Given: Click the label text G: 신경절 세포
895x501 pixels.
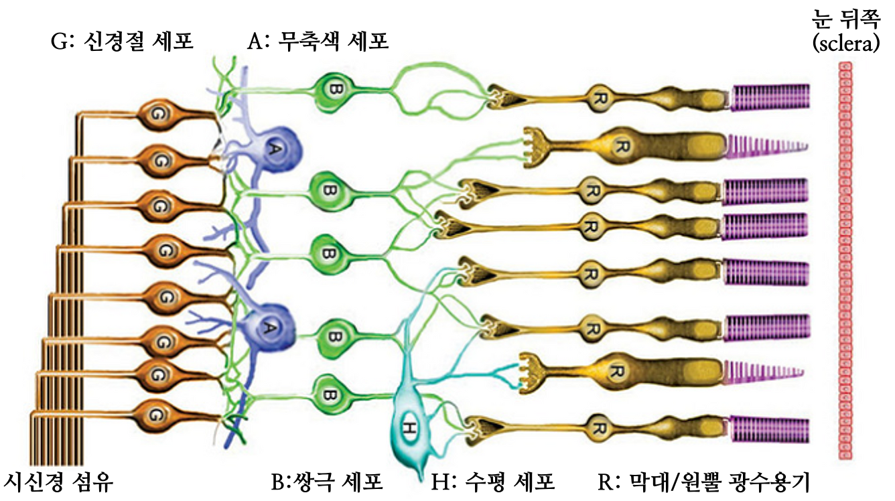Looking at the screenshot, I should coord(122,42).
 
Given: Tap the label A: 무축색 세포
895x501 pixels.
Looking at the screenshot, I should coord(318,42).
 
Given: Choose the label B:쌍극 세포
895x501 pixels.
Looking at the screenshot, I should coord(326,481).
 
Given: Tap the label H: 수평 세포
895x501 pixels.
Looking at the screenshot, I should coord(494,481).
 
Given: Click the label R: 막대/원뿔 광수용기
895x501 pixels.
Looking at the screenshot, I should coord(703,481).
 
